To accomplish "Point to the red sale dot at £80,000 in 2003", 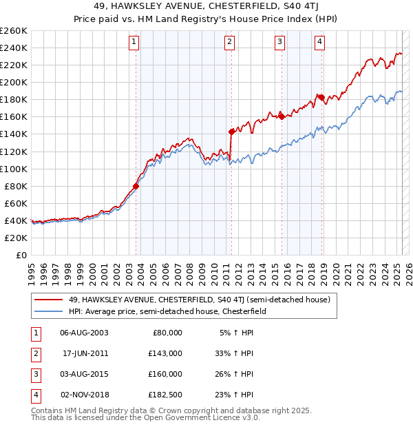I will (136, 186).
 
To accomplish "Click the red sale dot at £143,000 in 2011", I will (231, 131).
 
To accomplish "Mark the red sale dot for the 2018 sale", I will (321, 97).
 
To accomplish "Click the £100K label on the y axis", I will (14, 169).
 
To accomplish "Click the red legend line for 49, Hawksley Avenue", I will (48, 300).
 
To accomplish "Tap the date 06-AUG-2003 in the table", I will (84, 332).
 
